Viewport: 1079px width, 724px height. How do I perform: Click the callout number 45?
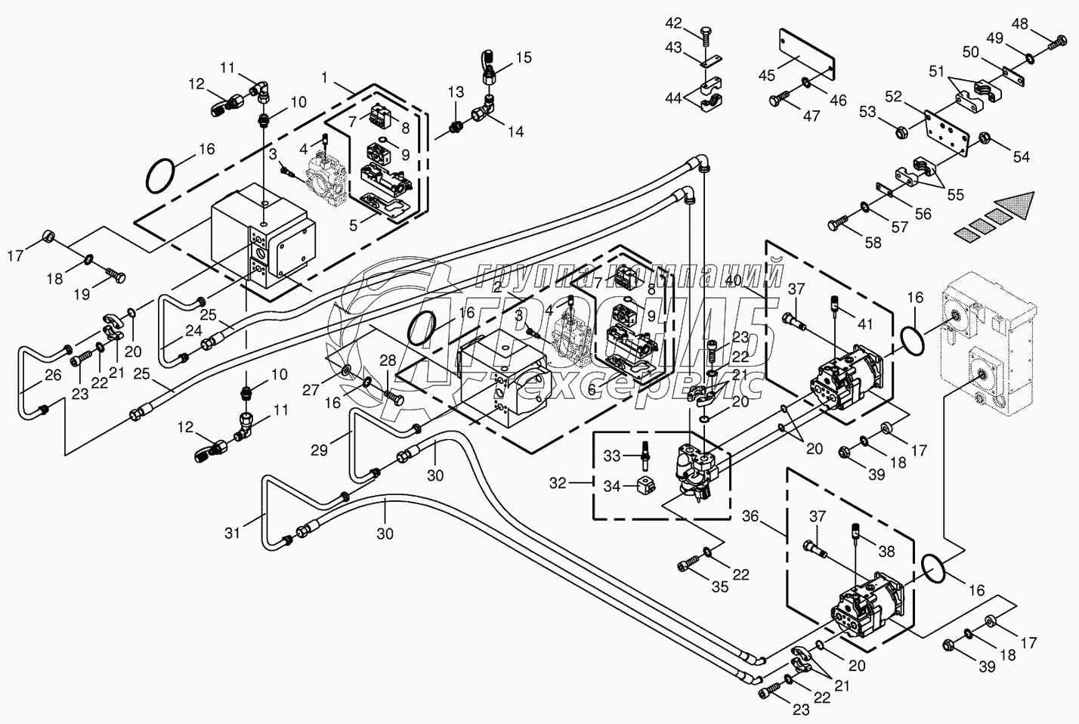coord(767,75)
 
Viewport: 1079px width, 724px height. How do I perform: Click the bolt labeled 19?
coord(114,273)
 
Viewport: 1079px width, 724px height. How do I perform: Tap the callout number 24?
coord(173,330)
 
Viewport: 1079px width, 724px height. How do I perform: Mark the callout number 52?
coord(893,96)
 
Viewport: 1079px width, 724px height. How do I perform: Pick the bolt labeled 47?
coord(778,101)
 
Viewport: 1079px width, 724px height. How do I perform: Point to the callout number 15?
coord(524,57)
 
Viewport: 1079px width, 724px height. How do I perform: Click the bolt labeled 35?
coord(689,563)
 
